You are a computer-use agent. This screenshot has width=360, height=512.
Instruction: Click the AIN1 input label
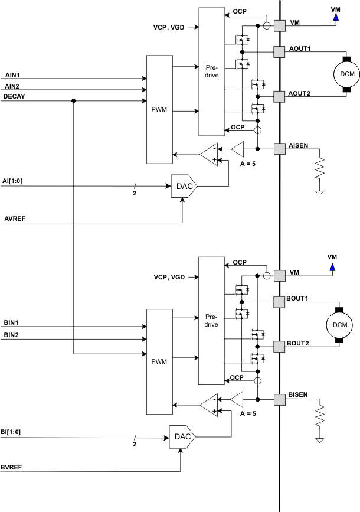(12, 75)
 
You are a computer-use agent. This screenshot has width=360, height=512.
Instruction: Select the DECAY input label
(14, 96)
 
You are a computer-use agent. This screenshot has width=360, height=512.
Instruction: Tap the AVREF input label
(14, 218)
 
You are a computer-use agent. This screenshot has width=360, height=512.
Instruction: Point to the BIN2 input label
(12, 335)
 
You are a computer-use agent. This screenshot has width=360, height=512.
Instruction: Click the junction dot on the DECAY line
(73, 101)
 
